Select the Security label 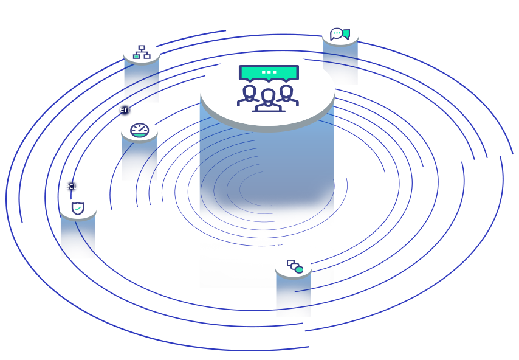coord(75,186)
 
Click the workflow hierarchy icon coord(142,53)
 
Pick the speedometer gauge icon coord(140,130)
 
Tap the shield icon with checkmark coord(78,209)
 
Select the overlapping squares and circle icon coord(295,266)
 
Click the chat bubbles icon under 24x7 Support coord(340,34)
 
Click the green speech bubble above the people coord(269,73)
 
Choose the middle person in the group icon coord(267,100)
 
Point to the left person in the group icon coord(248,96)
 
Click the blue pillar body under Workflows coord(141,82)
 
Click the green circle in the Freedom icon coord(299,269)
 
